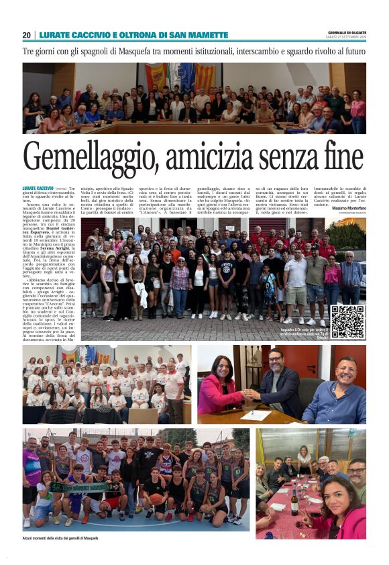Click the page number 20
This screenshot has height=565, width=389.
(x=27, y=35)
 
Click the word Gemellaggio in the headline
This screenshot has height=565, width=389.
(x=100, y=157)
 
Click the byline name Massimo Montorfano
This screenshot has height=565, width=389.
(x=348, y=208)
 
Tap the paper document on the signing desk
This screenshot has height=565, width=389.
(x=256, y=415)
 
